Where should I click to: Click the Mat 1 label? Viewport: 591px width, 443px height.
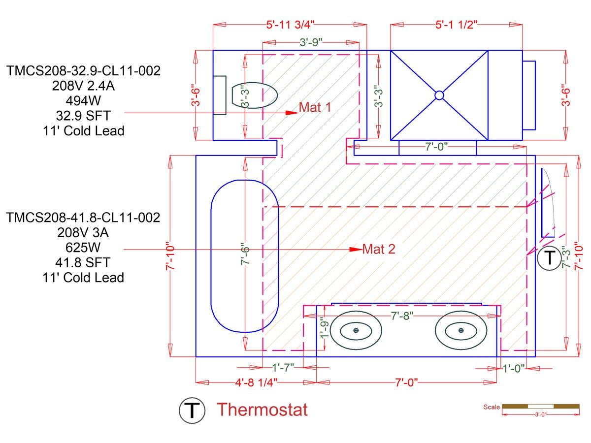click(x=315, y=107)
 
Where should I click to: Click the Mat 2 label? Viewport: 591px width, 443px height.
click(x=379, y=249)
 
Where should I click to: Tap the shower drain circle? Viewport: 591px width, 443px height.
click(x=439, y=95)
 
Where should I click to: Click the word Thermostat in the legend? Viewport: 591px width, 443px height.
click(x=263, y=410)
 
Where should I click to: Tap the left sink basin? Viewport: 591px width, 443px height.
click(x=356, y=330)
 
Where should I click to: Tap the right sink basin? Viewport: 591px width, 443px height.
click(x=461, y=330)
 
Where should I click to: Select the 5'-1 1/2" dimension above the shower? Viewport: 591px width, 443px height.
click(x=456, y=25)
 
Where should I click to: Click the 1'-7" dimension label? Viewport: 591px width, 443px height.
click(x=283, y=367)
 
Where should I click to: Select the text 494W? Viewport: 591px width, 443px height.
click(x=83, y=101)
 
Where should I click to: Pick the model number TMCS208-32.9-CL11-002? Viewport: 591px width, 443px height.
click(x=83, y=71)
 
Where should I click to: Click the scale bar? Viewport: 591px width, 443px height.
click(x=540, y=407)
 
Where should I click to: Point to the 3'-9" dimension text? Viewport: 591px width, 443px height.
click(x=311, y=42)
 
